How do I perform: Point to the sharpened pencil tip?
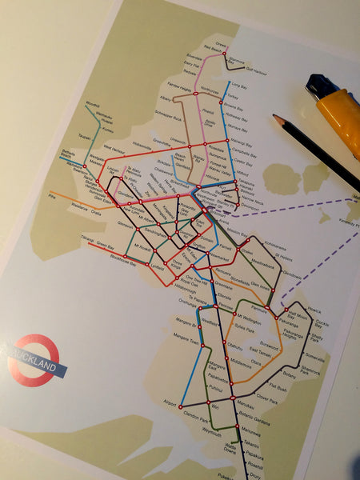point(276,118)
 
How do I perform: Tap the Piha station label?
point(52,194)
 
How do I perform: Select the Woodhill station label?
point(92,104)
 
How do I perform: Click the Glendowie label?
point(292,274)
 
